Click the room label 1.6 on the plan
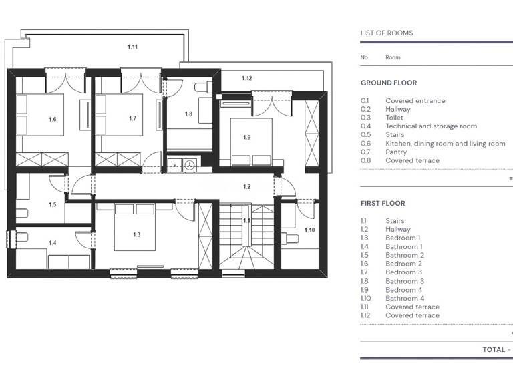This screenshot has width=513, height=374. click(x=52, y=119)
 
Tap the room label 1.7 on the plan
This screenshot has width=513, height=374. click(x=132, y=118)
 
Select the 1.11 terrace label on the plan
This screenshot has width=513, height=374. click(x=132, y=47)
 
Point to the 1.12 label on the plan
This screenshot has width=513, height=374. click(x=246, y=79)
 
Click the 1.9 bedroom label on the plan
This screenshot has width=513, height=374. click(x=246, y=137)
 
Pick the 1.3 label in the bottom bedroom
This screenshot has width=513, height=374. click(x=136, y=234)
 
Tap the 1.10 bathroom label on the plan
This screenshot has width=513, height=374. click(x=309, y=230)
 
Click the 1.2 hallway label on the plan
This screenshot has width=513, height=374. click(x=246, y=186)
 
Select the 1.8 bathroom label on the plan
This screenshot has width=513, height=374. click(x=188, y=114)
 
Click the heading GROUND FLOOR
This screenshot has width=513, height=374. click(x=389, y=83)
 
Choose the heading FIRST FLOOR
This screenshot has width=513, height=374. click(x=383, y=203)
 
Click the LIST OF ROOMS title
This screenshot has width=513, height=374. click(x=387, y=33)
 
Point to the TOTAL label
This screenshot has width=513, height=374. click(x=497, y=349)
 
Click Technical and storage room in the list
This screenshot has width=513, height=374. click(x=431, y=126)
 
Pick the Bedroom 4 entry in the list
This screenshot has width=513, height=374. click(x=403, y=290)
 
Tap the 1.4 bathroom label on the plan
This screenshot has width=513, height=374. click(x=52, y=243)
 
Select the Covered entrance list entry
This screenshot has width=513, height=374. click(x=415, y=101)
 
